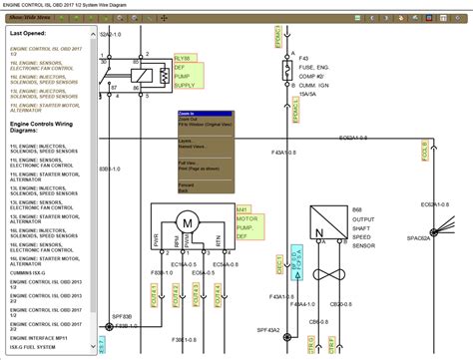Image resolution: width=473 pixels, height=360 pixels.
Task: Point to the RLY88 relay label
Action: click(x=181, y=57)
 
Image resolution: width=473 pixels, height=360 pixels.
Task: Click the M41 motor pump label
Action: click(x=242, y=181)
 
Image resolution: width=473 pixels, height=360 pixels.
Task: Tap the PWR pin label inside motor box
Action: click(x=156, y=239)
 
